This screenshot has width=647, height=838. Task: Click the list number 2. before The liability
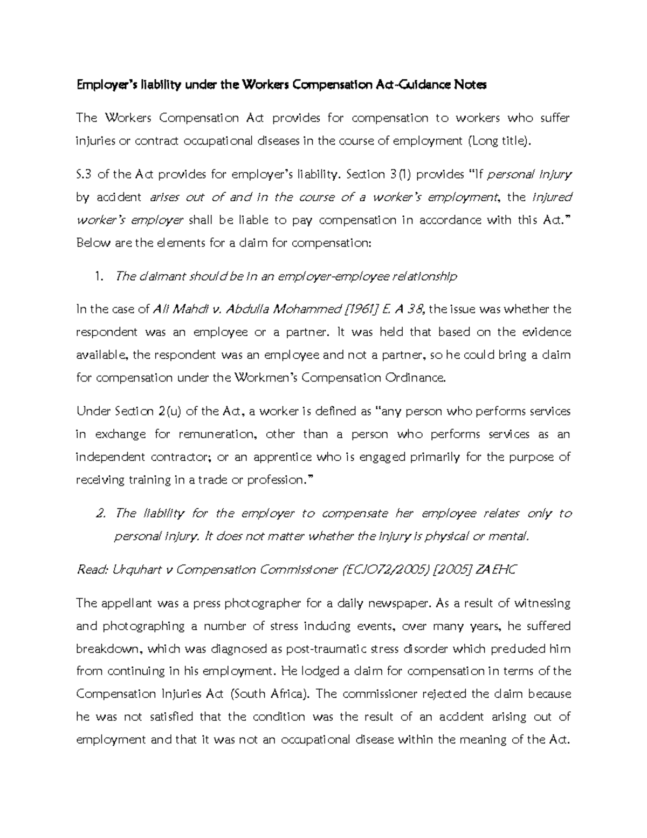click(99, 513)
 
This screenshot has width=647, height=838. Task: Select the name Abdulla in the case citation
click(249, 310)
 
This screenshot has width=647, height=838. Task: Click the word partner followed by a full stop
click(308, 332)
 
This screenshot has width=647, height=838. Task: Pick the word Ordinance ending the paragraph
click(415, 378)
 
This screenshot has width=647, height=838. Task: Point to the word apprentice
click(283, 457)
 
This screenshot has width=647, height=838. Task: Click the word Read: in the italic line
click(92, 570)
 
